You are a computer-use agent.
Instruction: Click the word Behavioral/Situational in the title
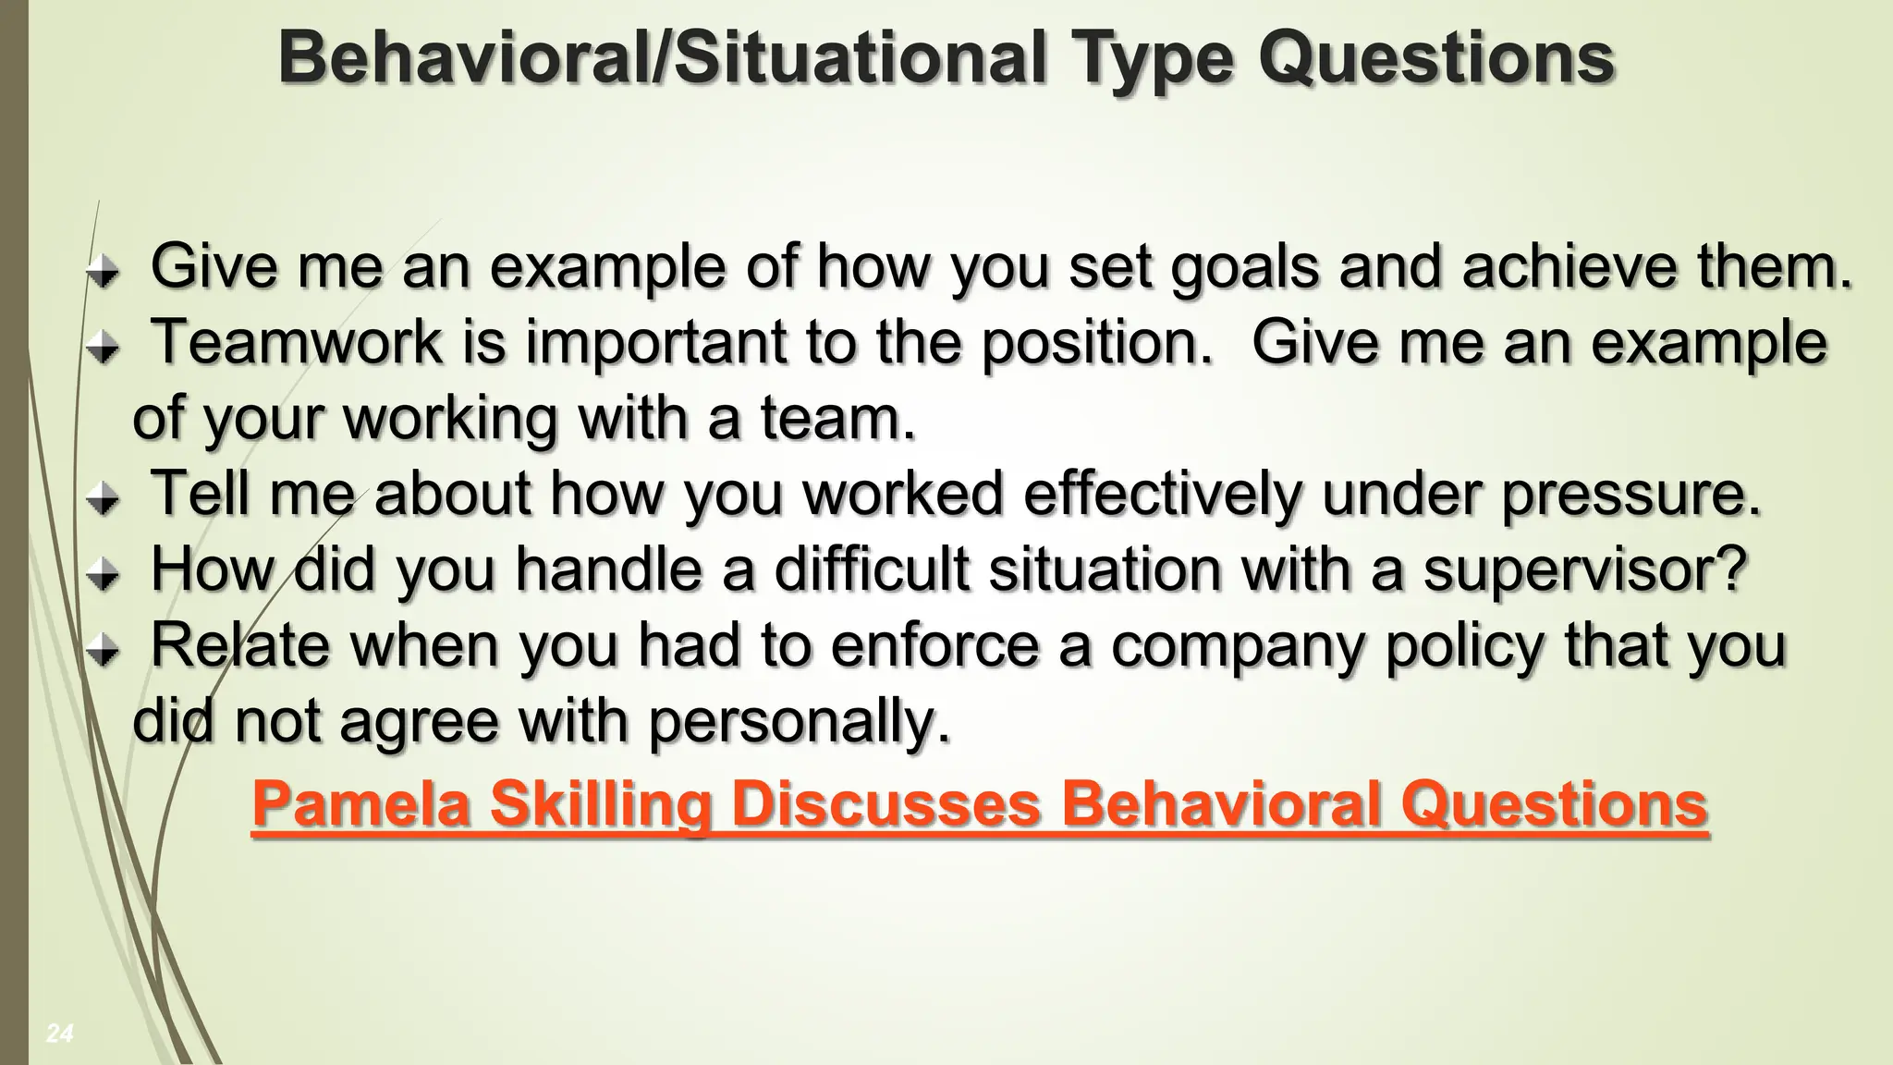[663, 57]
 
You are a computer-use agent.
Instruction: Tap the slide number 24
[59, 1034]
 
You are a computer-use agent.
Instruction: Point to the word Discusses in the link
[885, 803]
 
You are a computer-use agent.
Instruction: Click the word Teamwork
[297, 341]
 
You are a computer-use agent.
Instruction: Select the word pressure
[1631, 496]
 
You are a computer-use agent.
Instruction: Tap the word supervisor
[1585, 571]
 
